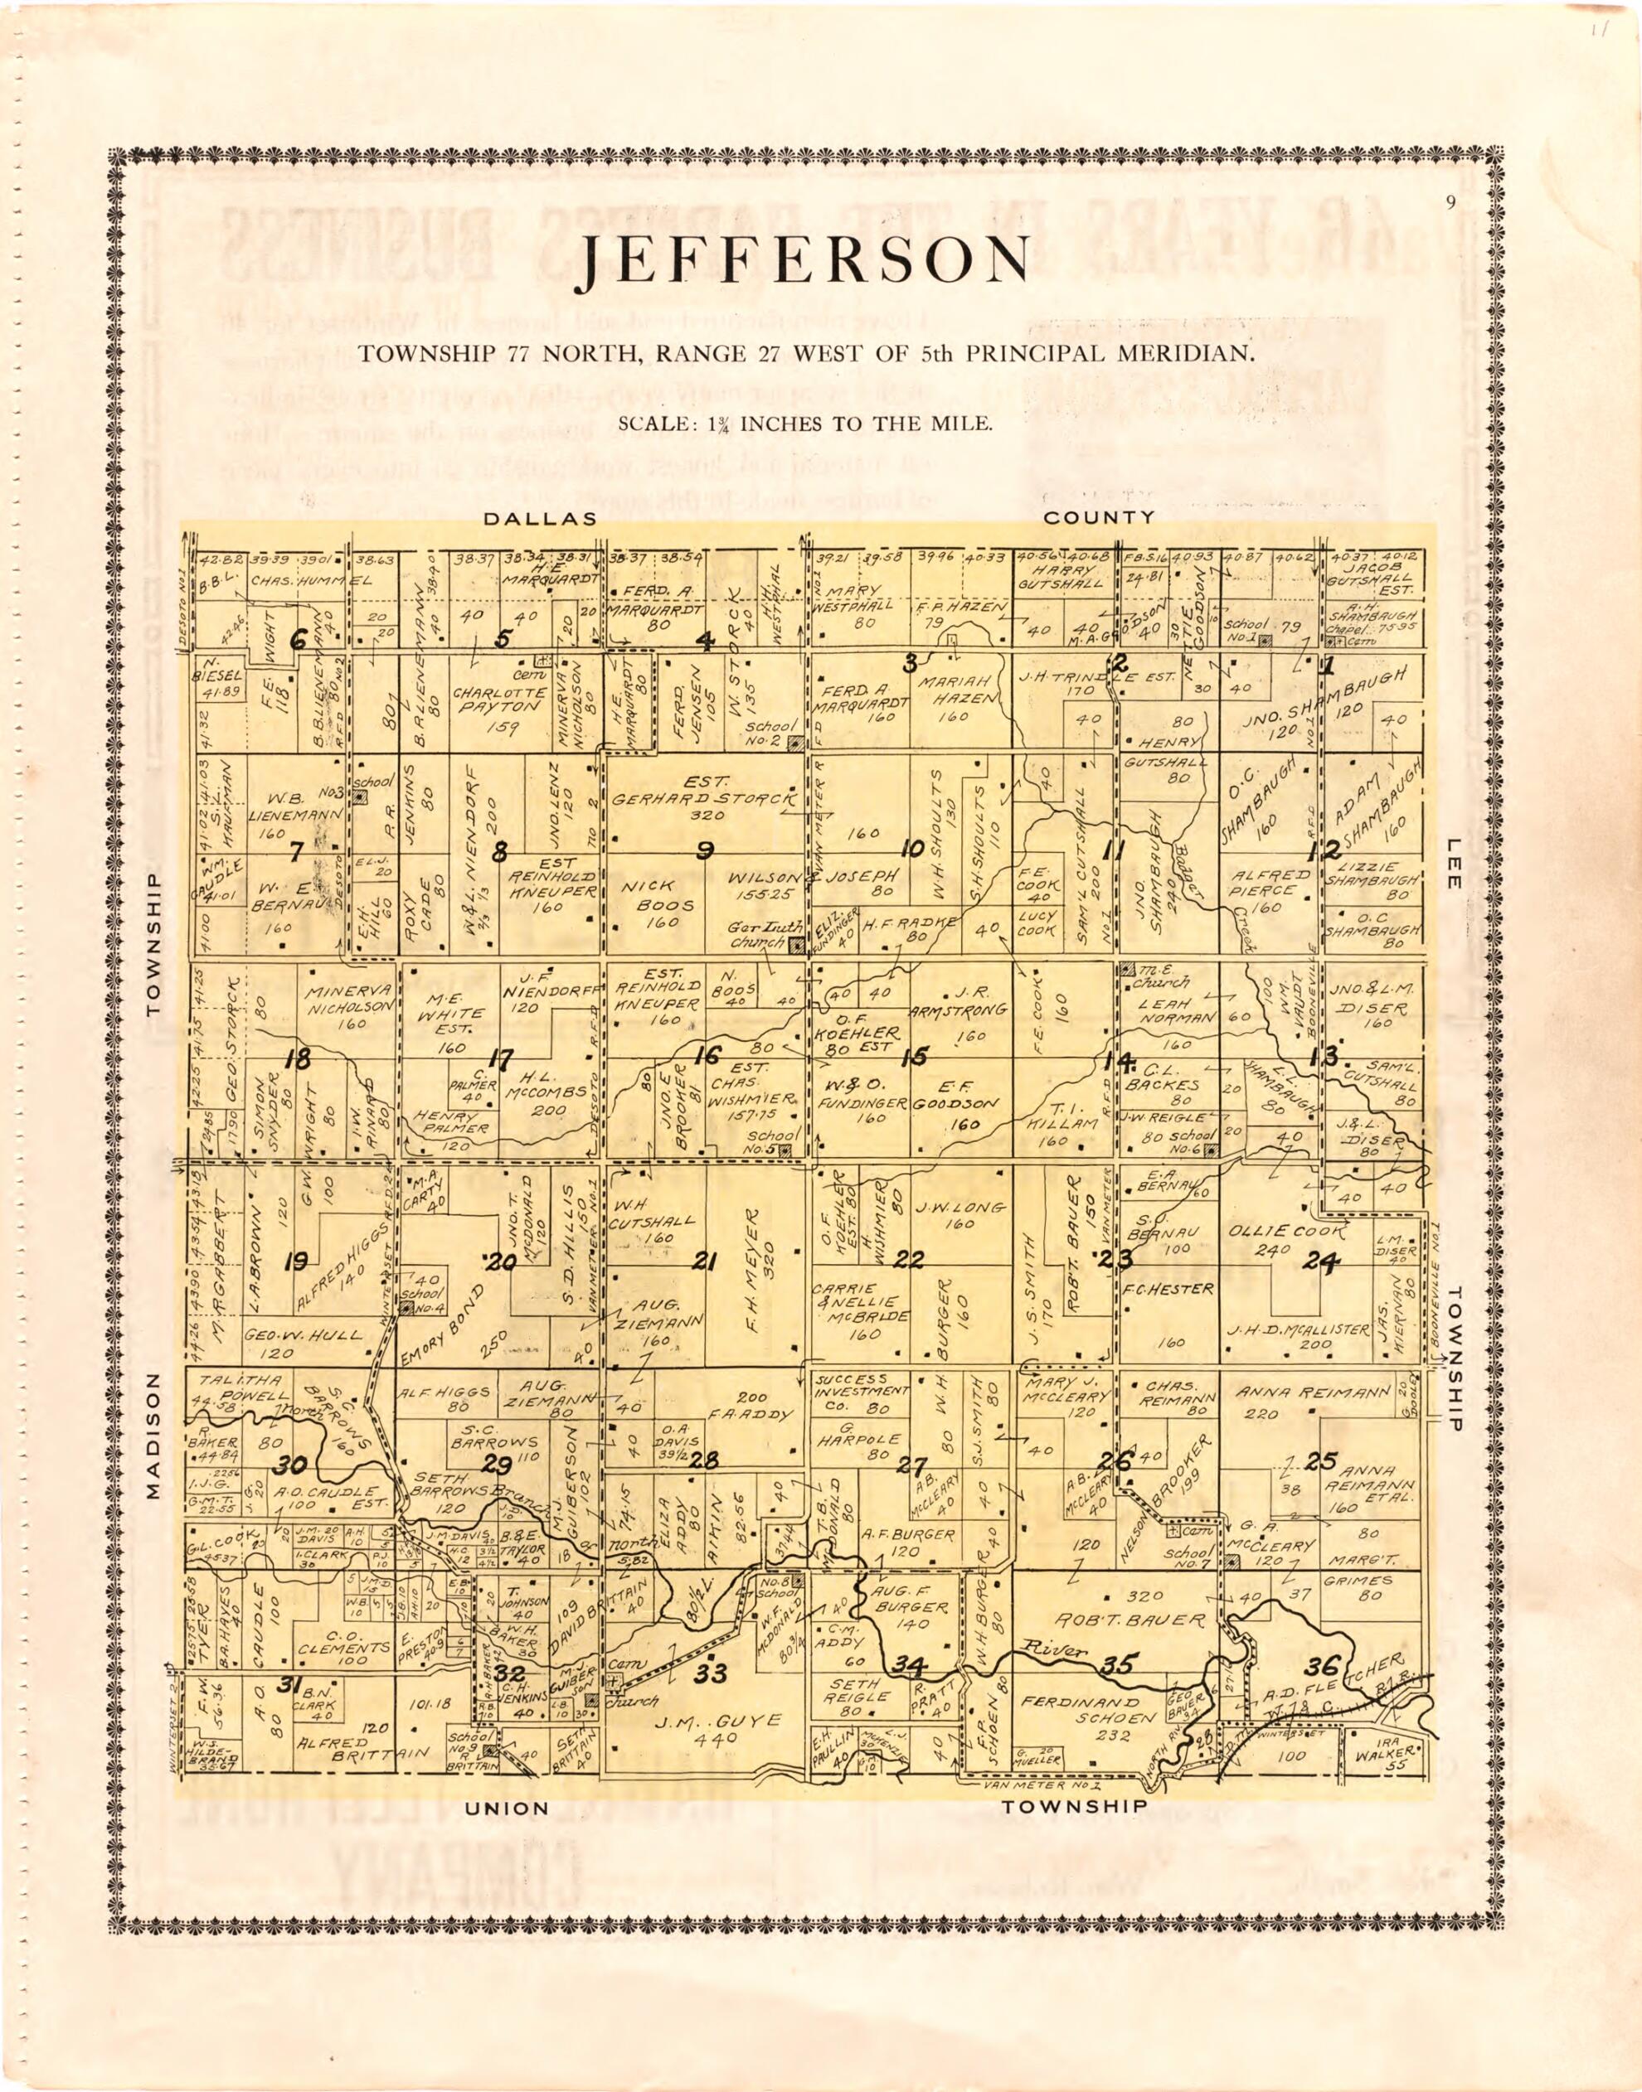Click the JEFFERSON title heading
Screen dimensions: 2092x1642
pyautogui.click(x=805, y=263)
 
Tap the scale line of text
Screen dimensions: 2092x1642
pyautogui.click(x=804, y=423)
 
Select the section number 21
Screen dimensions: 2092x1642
pyautogui.click(x=705, y=1261)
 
